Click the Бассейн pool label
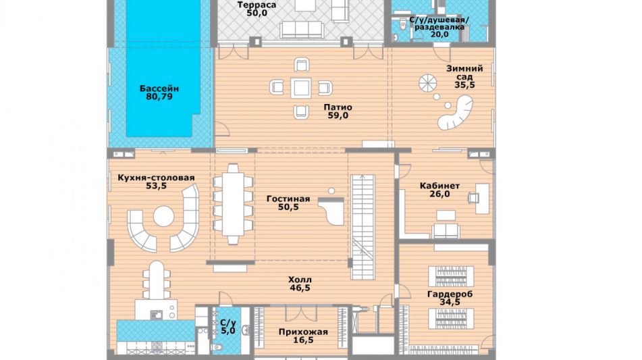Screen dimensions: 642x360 click(x=159, y=88)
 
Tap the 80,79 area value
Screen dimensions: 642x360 click(x=159, y=97)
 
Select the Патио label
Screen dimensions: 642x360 click(x=338, y=107)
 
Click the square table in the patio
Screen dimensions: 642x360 click(x=301, y=88)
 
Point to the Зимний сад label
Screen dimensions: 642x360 click(x=464, y=72)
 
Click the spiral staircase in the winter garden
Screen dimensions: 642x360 click(x=428, y=84)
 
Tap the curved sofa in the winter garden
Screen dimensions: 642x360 click(x=456, y=113)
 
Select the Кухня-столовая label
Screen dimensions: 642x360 click(x=156, y=178)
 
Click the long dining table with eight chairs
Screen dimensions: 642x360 click(x=233, y=205)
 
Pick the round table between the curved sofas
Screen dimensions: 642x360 click(x=164, y=216)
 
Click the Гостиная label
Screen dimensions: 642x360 click(x=288, y=199)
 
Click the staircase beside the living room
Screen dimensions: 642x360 click(x=363, y=227)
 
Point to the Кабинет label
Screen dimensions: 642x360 click(x=439, y=186)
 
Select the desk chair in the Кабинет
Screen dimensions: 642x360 click(x=474, y=198)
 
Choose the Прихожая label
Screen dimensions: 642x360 click(x=303, y=332)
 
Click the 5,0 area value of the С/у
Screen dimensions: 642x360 click(x=228, y=330)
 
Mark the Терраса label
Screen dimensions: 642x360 click(x=257, y=5)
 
